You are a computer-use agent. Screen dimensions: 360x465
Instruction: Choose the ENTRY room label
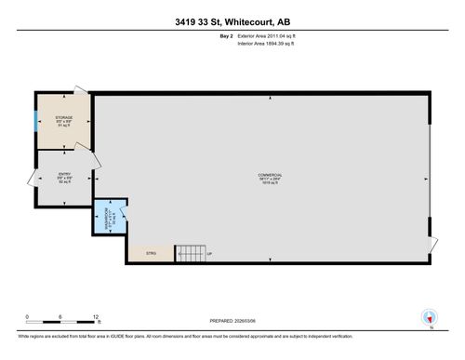click(x=63, y=175)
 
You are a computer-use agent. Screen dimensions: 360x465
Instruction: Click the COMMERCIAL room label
click(x=270, y=177)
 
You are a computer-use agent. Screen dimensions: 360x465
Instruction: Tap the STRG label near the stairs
click(x=152, y=252)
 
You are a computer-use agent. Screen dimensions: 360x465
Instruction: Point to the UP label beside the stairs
click(x=209, y=253)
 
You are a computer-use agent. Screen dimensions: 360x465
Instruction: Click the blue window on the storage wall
click(x=36, y=121)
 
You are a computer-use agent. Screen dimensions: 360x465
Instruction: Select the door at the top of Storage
click(x=82, y=90)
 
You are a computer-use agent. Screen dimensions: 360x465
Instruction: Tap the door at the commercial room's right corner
click(x=432, y=242)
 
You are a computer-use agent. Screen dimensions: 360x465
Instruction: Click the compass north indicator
click(x=429, y=316)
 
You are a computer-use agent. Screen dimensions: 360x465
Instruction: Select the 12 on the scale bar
click(x=95, y=316)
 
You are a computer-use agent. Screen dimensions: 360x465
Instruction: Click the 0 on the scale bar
click(x=28, y=316)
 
